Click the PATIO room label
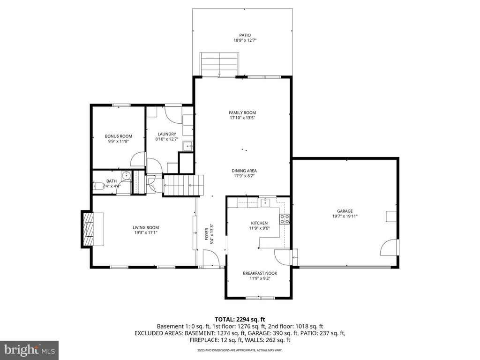[245, 35]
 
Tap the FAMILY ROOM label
[242, 112]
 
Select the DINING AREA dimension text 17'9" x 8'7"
[244, 176]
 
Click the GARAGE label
[345, 211]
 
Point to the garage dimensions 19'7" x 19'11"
[345, 216]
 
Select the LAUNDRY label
[167, 134]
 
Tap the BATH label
[112, 181]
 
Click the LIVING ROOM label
[146, 227]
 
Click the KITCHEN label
[259, 223]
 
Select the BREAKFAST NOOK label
[260, 273]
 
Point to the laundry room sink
[187, 146]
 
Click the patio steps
[219, 64]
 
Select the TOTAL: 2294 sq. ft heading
[240, 320]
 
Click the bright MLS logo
[29, 349]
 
